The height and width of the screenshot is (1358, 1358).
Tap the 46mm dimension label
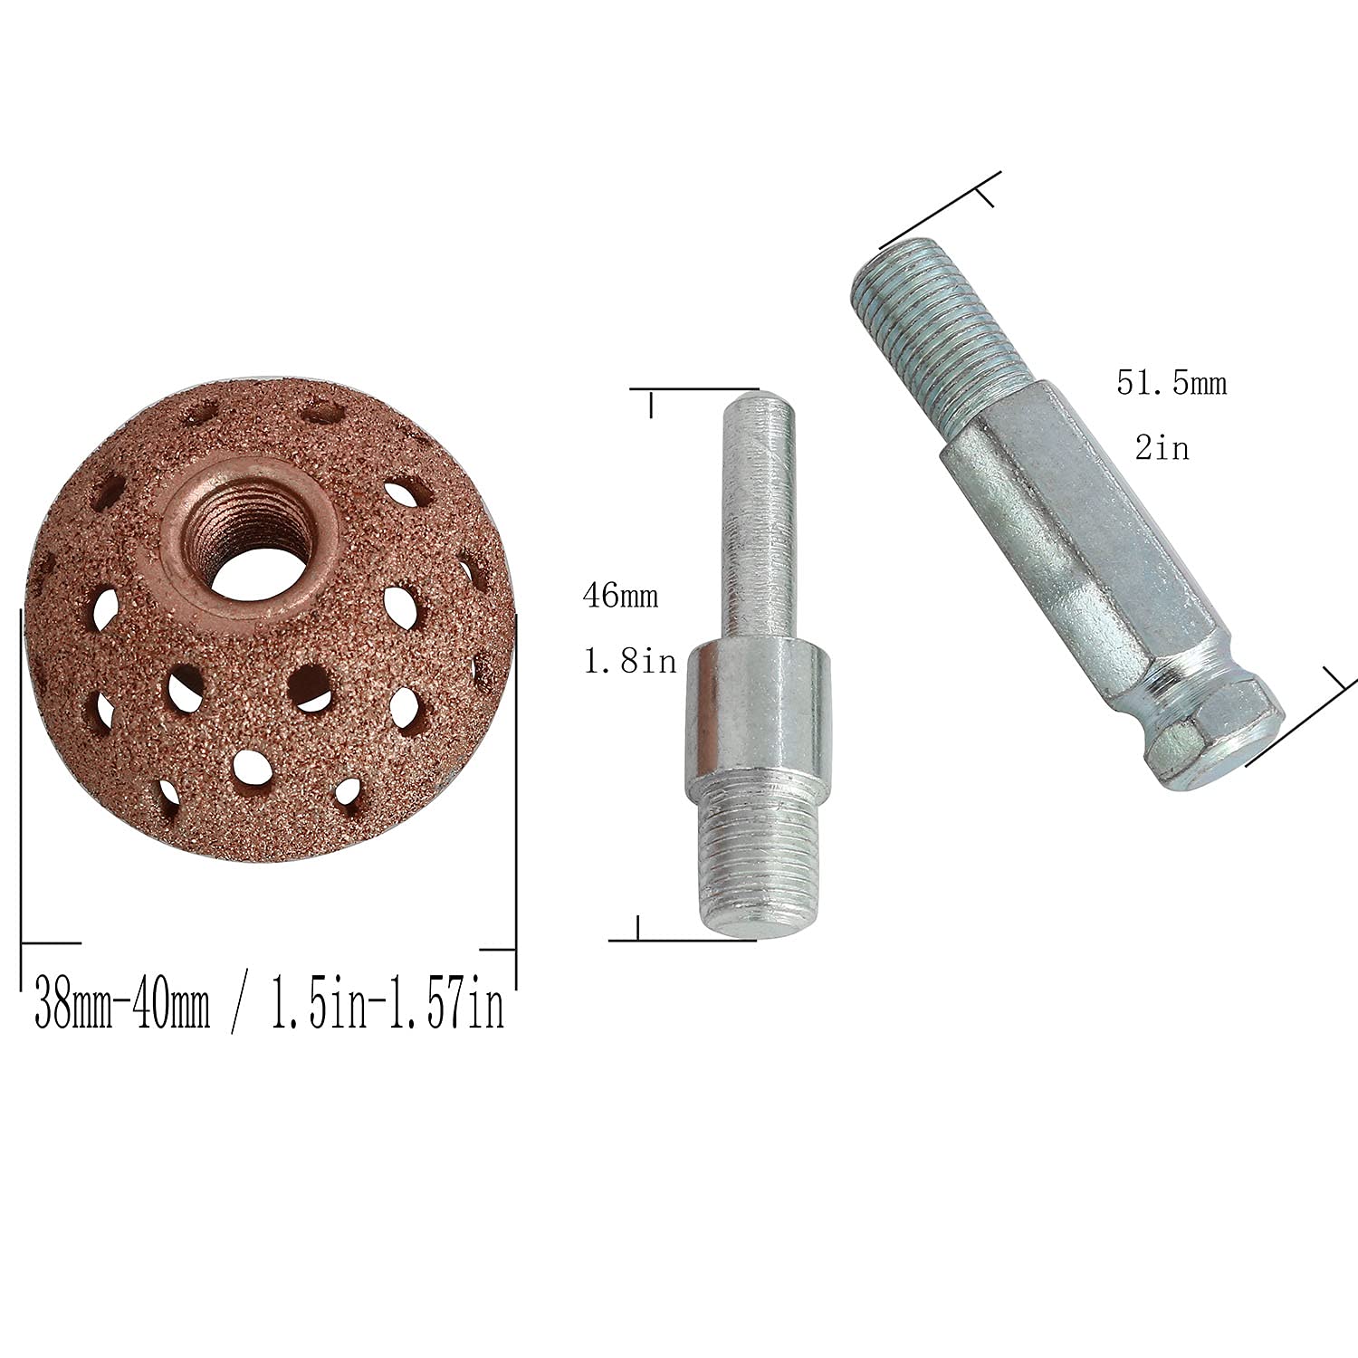tap(620, 598)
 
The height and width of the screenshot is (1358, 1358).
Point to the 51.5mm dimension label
tap(1172, 383)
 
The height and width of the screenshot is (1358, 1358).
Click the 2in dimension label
tap(1162, 447)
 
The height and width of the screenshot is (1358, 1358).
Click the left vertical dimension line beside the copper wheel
tap(20, 797)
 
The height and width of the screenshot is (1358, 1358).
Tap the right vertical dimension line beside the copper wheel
tap(516, 797)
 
